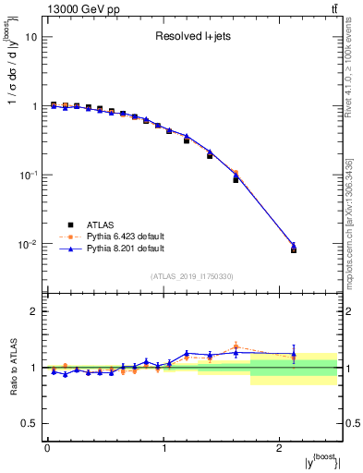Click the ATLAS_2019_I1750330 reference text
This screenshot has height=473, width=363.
tap(192, 276)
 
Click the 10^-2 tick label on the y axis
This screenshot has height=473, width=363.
tap(29, 245)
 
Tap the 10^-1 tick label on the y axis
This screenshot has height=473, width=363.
tap(29, 176)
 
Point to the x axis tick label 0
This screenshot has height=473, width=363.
tap(47, 448)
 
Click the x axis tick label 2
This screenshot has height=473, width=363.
tap(280, 448)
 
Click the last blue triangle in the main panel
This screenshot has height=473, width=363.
tap(294, 246)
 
